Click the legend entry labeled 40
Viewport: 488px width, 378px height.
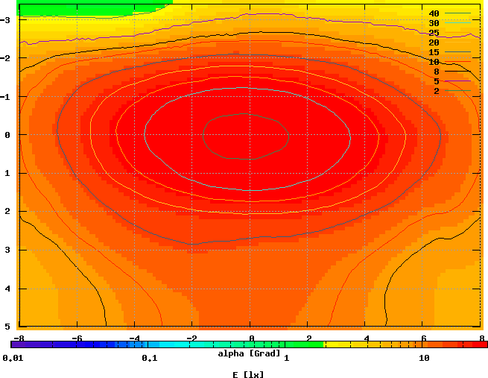tap(434, 13)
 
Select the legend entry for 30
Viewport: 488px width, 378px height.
tap(434, 23)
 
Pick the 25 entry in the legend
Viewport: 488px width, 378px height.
tap(434, 33)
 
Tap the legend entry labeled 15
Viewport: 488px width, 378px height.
tap(434, 52)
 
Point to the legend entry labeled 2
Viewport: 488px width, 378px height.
tap(436, 91)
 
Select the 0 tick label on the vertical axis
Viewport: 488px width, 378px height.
tap(7, 135)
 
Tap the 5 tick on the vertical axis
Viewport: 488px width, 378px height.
tap(7, 327)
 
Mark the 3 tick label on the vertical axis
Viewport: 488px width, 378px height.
tap(7, 250)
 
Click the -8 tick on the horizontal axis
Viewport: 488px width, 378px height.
tap(19, 337)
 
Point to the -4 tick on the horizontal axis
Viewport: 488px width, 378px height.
tap(134, 337)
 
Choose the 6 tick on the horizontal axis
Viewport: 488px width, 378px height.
tap(423, 337)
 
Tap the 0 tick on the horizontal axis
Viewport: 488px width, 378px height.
tap(251, 337)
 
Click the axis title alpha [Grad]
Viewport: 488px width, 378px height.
tap(249, 353)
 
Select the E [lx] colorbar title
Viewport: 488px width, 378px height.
tap(249, 374)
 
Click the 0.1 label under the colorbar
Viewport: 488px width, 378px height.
tap(149, 359)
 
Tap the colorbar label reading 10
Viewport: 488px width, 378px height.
tap(424, 359)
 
